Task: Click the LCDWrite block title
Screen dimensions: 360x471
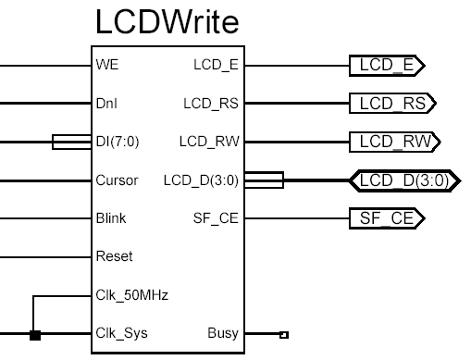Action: click(167, 23)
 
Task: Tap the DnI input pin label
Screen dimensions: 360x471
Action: click(106, 104)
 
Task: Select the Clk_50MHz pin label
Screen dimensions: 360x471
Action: click(124, 295)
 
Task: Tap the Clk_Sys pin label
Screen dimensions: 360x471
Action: click(120, 333)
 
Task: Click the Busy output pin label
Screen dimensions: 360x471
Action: click(223, 333)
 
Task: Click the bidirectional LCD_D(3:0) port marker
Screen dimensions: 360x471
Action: click(401, 180)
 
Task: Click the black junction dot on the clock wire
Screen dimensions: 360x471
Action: click(35, 334)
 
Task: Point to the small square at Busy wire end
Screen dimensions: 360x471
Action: click(283, 334)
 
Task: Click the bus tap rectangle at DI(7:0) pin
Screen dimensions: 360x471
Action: click(70, 143)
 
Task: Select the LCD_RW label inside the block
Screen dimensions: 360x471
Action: click(209, 142)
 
